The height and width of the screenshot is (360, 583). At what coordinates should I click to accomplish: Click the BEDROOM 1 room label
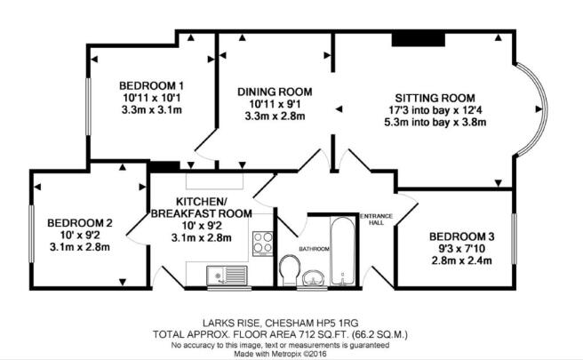coord(151,85)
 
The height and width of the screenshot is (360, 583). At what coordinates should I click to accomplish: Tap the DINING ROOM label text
coord(275,92)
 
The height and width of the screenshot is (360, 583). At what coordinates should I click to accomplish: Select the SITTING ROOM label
coord(435,98)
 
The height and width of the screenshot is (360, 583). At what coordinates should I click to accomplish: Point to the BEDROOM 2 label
coord(80,223)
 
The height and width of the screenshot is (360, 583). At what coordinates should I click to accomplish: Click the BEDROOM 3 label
coord(462,236)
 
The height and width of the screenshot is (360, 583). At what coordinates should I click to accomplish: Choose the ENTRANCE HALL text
coord(376,220)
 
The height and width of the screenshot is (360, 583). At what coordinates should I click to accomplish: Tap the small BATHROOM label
coord(315,249)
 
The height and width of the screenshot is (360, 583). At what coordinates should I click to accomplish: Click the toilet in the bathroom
coord(290,270)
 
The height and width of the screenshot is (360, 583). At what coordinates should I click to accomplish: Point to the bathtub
coord(342,252)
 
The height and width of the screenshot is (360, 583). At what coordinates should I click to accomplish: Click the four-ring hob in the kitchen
coord(262,244)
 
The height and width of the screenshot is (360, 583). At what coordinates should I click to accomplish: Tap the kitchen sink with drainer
coord(228,276)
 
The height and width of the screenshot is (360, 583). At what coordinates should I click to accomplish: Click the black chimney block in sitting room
coord(419,40)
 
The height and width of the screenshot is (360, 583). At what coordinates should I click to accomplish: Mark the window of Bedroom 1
coord(89,107)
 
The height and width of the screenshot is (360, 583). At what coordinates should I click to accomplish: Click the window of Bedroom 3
coord(515,239)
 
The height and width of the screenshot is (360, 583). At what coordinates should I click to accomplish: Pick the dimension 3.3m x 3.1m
coord(151,110)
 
